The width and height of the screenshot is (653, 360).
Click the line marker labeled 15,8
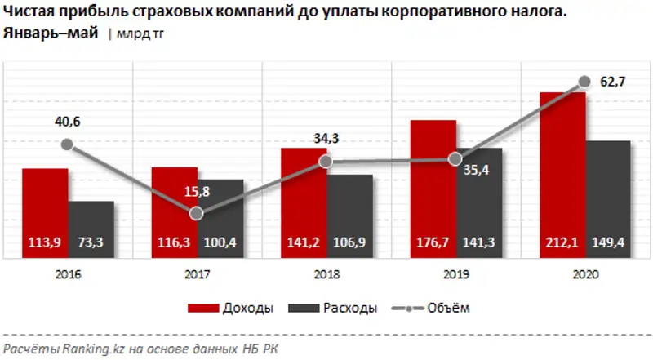196,213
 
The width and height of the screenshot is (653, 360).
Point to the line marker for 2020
584,81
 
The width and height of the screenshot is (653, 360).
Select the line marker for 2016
67,144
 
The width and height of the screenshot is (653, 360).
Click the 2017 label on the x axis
197,275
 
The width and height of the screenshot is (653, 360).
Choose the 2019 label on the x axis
455,275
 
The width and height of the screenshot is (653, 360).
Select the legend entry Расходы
349,308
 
